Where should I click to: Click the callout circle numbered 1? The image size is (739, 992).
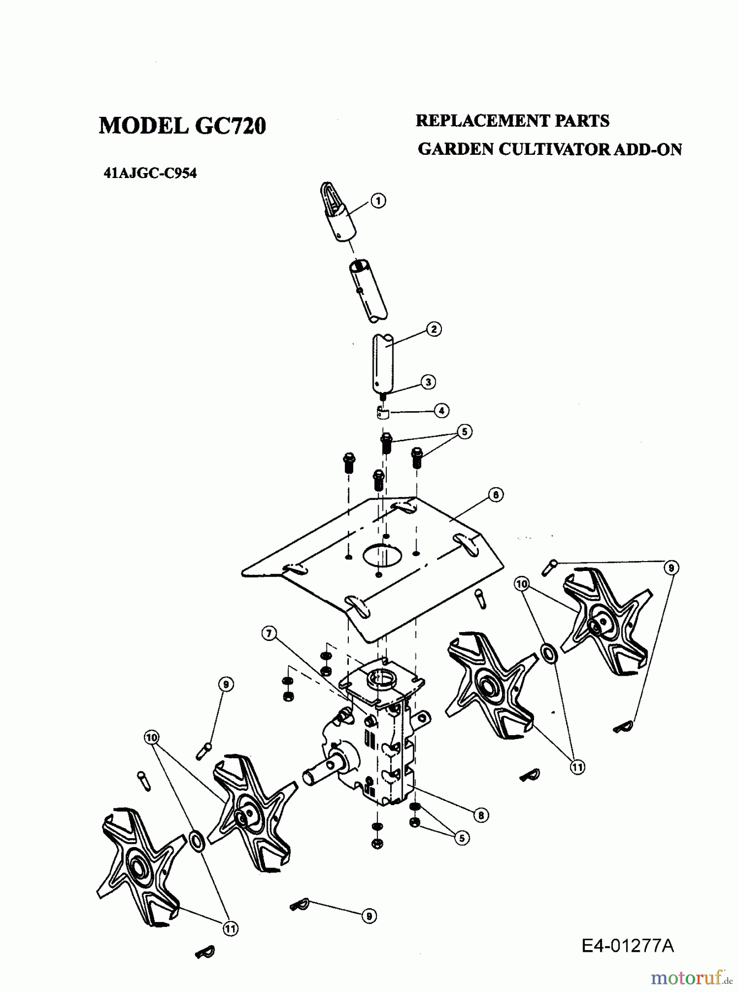[x=378, y=201]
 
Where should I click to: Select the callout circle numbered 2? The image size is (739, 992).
[x=434, y=330]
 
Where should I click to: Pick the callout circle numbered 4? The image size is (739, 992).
[x=441, y=410]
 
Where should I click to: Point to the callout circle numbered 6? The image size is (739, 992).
[x=495, y=495]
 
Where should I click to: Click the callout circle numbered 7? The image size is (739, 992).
[x=269, y=634]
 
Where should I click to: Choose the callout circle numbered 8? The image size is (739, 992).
[x=481, y=815]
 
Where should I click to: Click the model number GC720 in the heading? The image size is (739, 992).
[x=230, y=126]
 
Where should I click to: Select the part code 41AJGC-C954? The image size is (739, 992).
[x=150, y=173]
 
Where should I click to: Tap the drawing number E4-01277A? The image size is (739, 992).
[x=627, y=946]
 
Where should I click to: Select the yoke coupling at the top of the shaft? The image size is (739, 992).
[x=337, y=212]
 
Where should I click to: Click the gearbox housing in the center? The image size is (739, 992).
[x=380, y=738]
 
